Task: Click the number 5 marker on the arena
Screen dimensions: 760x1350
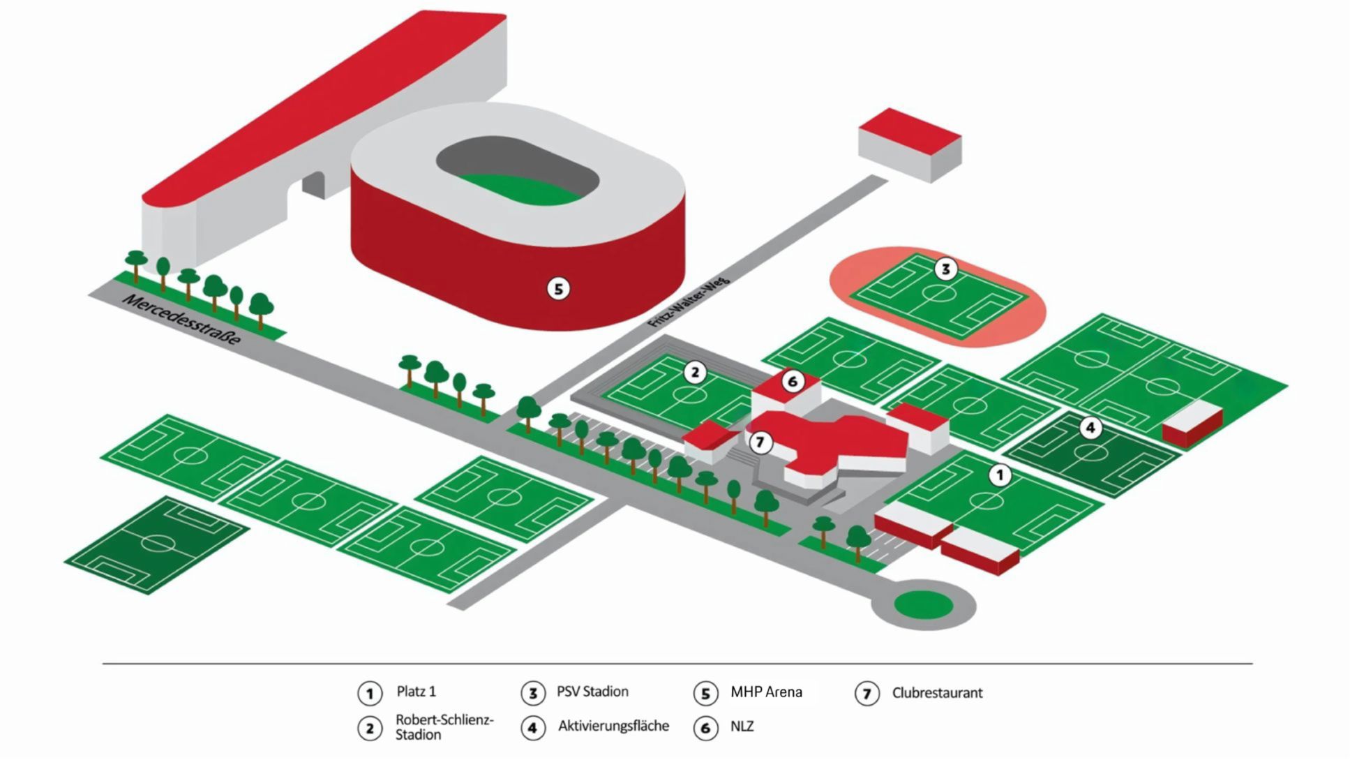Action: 558,288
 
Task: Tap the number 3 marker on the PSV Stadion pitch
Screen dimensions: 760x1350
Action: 945,269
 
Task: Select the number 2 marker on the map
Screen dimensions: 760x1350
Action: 694,373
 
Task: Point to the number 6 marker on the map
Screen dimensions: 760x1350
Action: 792,382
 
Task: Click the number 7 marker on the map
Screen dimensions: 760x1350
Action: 760,442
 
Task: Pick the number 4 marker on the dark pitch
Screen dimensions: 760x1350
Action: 1090,428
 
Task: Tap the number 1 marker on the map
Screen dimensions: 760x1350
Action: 1000,475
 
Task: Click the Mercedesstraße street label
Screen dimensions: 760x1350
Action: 181,320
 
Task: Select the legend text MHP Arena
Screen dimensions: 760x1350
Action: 766,692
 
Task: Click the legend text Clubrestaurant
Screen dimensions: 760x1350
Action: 937,693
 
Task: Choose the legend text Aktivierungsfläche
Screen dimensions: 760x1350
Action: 613,727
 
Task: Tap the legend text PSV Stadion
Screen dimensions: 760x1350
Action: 592,692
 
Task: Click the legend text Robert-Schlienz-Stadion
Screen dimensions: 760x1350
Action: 444,727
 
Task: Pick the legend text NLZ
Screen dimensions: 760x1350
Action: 742,727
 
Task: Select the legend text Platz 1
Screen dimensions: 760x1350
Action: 417,692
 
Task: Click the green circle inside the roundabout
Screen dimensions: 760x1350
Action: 923,605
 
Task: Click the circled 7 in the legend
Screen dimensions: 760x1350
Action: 867,694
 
